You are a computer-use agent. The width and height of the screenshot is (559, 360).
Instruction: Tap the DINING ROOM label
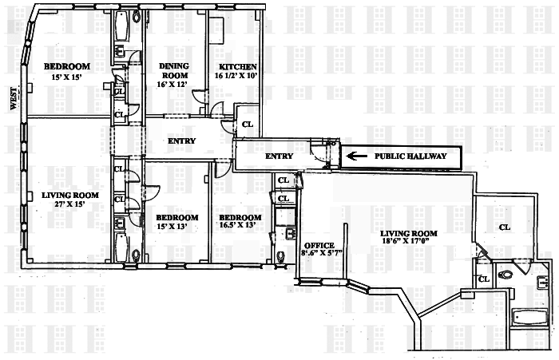(174, 71)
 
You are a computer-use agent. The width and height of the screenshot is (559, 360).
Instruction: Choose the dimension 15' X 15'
(66, 76)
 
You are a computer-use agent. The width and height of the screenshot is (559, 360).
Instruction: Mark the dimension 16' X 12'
(174, 83)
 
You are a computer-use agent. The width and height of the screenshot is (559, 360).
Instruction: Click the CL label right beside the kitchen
(247, 125)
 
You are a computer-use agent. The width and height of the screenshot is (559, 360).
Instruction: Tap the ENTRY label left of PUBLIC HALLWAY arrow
(279, 156)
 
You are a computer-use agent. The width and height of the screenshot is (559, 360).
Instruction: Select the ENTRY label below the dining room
(182, 141)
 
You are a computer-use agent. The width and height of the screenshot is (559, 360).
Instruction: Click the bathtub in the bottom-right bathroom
(530, 317)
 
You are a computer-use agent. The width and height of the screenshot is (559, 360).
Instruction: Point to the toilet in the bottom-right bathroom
(505, 275)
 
